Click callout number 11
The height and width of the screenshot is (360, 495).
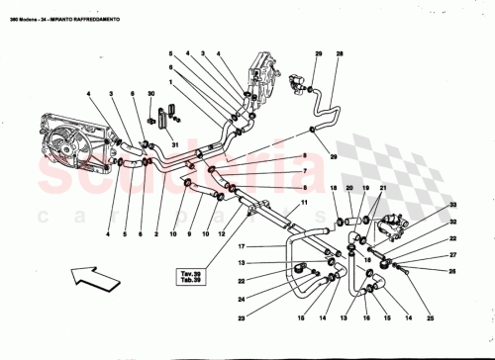tap(305, 203)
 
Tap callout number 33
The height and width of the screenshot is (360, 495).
tap(454, 205)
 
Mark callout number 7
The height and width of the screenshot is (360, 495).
tap(304, 171)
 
